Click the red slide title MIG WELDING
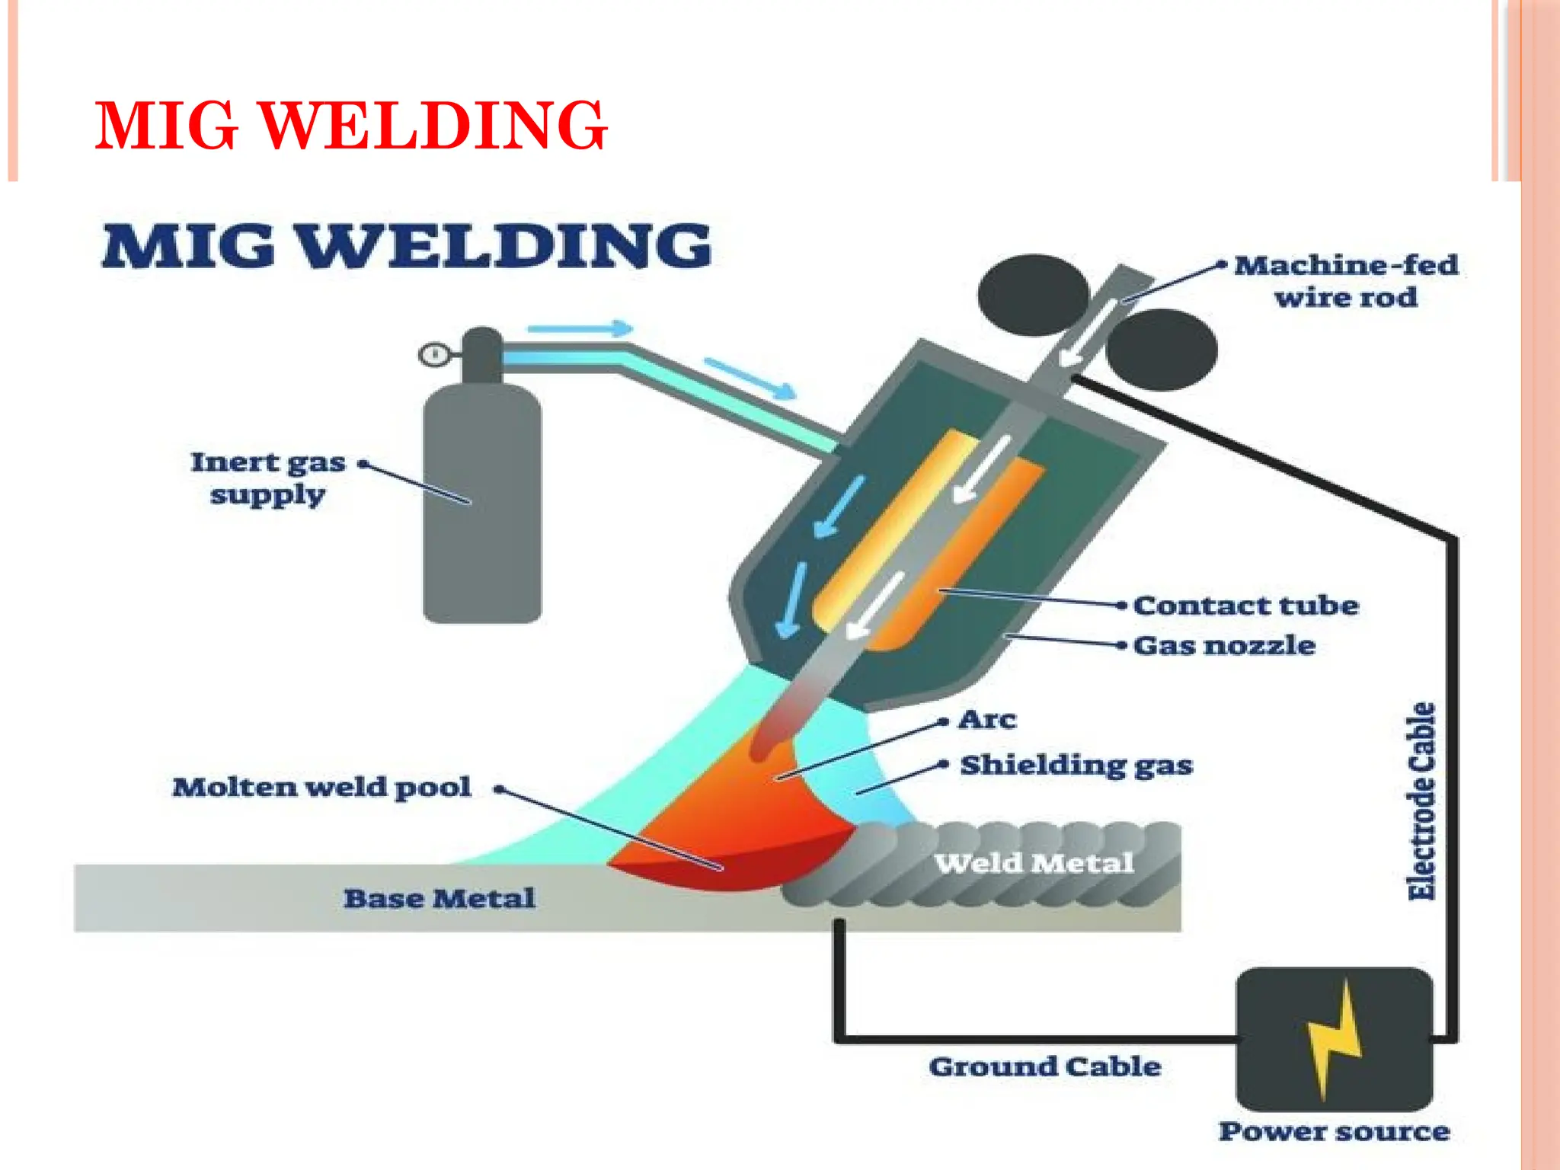tap(350, 126)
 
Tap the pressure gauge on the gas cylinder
tap(434, 355)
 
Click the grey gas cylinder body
tap(482, 518)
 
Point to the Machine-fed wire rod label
tap(1346, 281)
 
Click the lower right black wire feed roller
tap(1160, 349)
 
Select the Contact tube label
tap(1246, 606)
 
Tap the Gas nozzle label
tap(1224, 646)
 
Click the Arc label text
tap(987, 720)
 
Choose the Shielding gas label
tap(1076, 765)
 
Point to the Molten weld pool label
tap(321, 788)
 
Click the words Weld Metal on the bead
tap(1034, 863)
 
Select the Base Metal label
tap(439, 899)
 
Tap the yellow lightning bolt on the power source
tap(1333, 1040)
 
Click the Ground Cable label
tap(1044, 1066)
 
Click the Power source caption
tap(1334, 1132)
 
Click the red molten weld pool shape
tap(731, 846)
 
